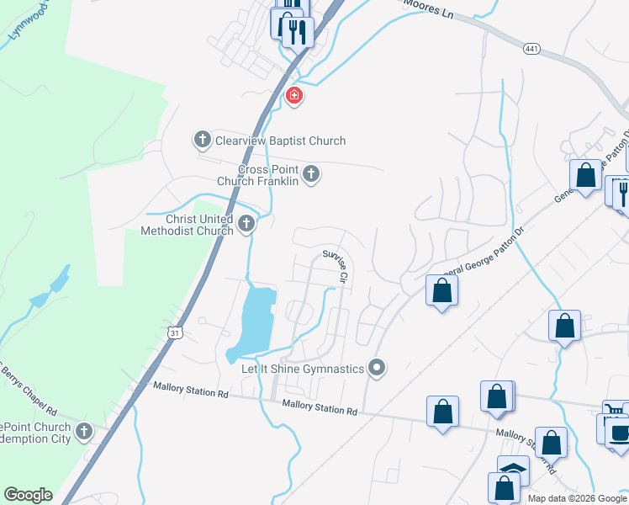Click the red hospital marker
point(293,96)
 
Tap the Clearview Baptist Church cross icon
point(202,140)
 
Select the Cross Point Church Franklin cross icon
point(311,174)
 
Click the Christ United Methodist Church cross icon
point(246,223)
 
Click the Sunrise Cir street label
point(335,264)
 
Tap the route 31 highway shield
point(174,334)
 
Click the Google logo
point(28,495)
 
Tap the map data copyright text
point(578,498)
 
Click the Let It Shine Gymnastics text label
point(303,369)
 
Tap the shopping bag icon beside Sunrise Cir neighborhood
point(442,291)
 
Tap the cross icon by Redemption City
point(83,432)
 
